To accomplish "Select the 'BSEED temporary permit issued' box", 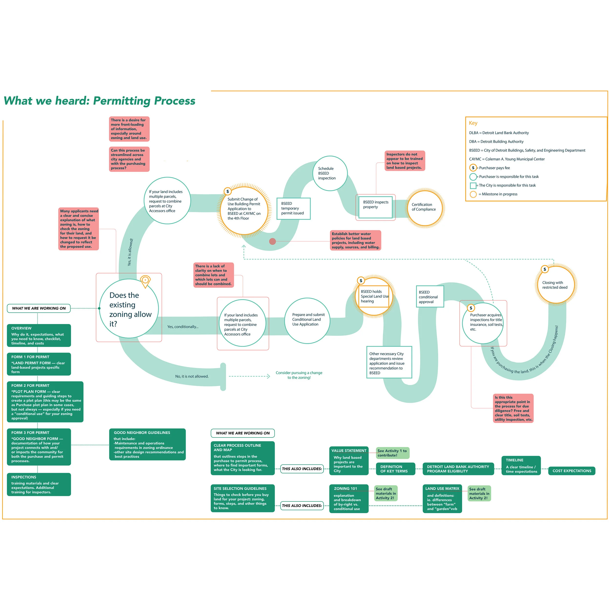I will click(x=293, y=208).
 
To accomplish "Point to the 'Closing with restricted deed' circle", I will click(x=556, y=285).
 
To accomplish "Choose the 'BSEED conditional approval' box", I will click(x=430, y=296).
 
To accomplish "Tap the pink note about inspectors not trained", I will click(x=405, y=161).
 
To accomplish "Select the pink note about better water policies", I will click(x=356, y=240).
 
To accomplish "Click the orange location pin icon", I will click(x=145, y=281).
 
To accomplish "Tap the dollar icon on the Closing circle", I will click(x=545, y=269).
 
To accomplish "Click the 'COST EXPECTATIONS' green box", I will click(x=571, y=471).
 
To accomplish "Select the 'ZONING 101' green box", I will click(x=349, y=498).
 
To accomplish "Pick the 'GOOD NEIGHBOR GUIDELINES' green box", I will click(x=147, y=444).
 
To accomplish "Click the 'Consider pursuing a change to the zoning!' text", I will click(x=299, y=375).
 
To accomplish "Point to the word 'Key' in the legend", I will click(x=473, y=123).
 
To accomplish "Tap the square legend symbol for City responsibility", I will click(x=473, y=185).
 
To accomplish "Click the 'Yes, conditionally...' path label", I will click(x=183, y=327).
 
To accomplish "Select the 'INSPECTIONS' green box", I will click(x=39, y=484).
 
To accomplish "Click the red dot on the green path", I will click(x=273, y=242).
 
